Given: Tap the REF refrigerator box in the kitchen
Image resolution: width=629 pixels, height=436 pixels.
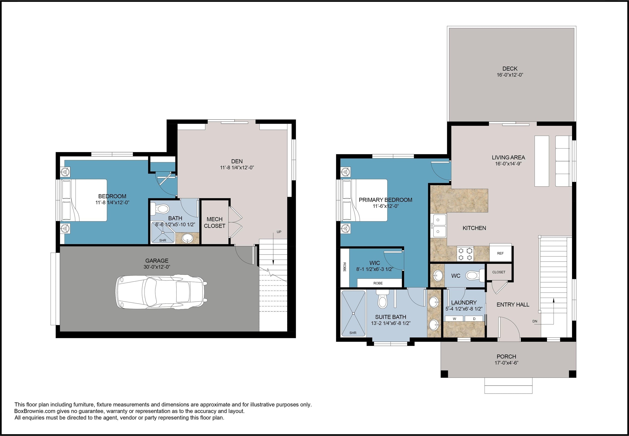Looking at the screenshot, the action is point(500,253).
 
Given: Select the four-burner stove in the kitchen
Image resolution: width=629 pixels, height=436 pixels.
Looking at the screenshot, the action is point(465,253).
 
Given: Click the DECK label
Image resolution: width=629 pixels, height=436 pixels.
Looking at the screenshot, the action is point(510,69).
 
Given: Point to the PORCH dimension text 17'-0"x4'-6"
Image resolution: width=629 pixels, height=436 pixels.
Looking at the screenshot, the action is point(506,363).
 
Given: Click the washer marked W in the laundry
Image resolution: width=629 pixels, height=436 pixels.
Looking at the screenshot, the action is point(454,319).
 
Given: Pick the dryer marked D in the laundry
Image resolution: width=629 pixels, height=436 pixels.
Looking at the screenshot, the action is point(474,319).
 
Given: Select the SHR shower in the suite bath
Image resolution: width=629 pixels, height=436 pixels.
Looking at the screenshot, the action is point(353,313).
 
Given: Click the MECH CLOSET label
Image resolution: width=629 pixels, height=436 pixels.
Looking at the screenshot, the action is point(215,222).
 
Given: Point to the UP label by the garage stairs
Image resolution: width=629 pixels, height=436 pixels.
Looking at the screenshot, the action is point(279,232).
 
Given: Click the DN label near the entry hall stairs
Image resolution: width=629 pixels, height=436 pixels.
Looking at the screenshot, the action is point(535,321).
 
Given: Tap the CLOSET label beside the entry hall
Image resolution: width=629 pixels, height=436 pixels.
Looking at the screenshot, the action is point(499,272).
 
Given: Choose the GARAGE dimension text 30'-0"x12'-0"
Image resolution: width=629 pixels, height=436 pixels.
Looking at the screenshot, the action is point(157,267).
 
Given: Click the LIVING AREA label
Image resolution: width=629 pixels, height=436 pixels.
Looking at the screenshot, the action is point(508,157).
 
